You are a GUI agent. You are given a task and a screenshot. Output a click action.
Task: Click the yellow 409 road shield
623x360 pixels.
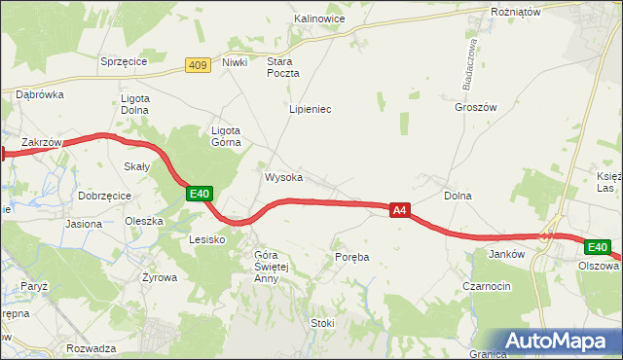pyautogui.click(x=199, y=65)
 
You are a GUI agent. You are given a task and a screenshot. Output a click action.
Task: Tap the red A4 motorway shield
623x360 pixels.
pyautogui.click(x=399, y=209)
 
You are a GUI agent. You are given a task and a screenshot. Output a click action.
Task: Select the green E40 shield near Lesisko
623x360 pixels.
pyautogui.click(x=200, y=195)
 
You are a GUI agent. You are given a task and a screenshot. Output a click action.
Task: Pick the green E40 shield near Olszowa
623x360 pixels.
pyautogui.click(x=598, y=248)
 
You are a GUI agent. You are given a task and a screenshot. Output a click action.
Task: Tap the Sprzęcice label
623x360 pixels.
pyautogui.click(x=123, y=61)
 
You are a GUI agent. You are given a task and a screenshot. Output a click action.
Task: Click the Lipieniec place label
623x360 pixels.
pyautogui.click(x=310, y=110)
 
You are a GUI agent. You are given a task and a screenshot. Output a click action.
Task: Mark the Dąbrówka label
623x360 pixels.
pyautogui.click(x=39, y=94)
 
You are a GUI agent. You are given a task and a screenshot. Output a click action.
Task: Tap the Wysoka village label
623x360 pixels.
pyautogui.click(x=283, y=178)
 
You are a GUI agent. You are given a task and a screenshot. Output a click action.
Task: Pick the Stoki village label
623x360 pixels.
pyautogui.click(x=322, y=323)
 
